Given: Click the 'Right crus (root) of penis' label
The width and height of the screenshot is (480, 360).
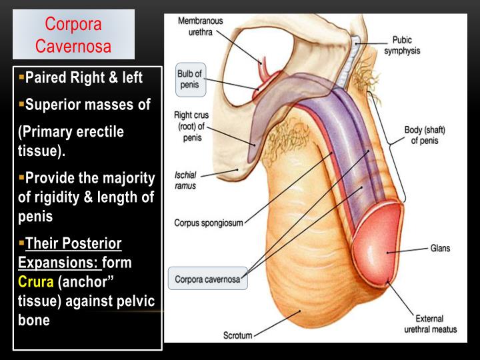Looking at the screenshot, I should [x=191, y=125].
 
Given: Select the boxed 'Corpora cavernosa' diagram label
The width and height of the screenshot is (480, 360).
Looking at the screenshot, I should [x=207, y=277].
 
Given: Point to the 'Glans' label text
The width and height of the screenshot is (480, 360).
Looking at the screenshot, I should [x=441, y=249].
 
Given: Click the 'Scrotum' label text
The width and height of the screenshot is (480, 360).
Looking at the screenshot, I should [x=237, y=336].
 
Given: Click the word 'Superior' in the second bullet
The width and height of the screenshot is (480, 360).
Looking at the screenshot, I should [x=53, y=105].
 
